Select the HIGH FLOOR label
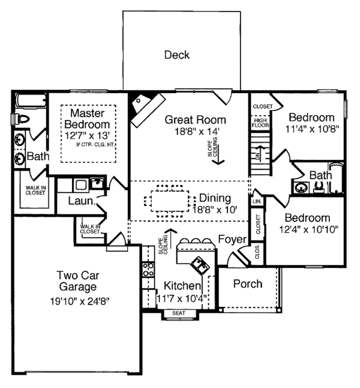click(x=260, y=123)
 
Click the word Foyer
click(x=232, y=240)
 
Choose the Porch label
click(x=248, y=283)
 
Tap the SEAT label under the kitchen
click(x=179, y=313)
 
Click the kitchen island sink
click(x=197, y=262)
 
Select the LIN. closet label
click(x=257, y=201)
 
